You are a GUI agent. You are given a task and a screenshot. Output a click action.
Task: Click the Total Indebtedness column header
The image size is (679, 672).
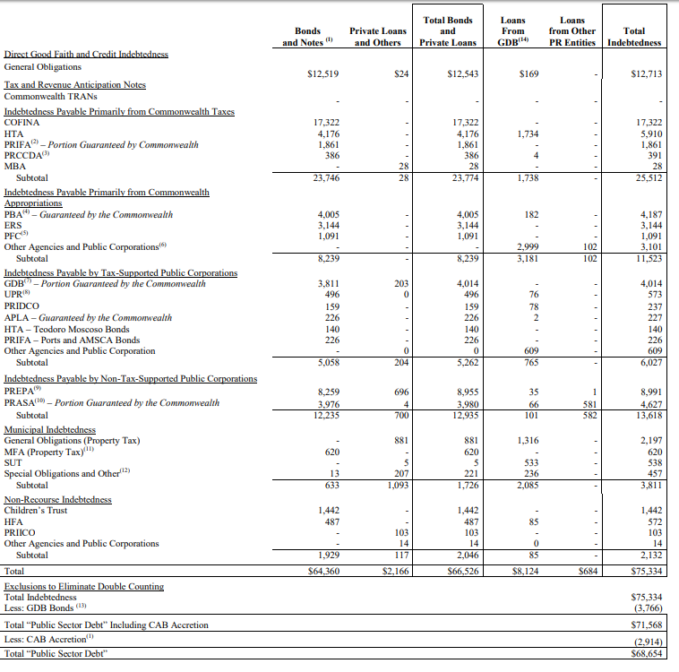coord(634,37)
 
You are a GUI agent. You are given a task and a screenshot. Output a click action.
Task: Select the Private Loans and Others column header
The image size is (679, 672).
coord(378,37)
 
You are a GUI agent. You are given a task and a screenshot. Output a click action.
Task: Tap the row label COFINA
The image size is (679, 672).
coord(21,123)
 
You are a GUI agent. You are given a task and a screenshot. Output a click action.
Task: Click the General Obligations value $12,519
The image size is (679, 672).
coord(323,74)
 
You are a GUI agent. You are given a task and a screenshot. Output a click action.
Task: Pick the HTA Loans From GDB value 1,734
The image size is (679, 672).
coord(528,134)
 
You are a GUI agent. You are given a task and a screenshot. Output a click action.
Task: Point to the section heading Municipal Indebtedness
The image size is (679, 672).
coord(50,429)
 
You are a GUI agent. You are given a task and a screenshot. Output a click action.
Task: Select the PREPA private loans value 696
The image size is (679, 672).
coord(401,392)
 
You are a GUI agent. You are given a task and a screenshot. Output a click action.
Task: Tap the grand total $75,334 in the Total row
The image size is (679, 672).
coord(647,571)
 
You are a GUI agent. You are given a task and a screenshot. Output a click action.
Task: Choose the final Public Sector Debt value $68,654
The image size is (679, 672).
coord(647,653)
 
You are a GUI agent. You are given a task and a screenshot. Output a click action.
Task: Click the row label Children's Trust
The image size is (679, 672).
coord(36,511)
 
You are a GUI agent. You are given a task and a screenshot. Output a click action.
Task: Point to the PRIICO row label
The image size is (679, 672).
coord(20,532)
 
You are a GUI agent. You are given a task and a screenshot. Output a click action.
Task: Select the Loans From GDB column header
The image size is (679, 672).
coord(512,31)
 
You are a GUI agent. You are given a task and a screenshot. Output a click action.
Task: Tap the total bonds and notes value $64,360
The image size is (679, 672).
coord(323,571)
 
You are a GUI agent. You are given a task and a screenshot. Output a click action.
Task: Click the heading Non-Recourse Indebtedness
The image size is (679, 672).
coord(57,500)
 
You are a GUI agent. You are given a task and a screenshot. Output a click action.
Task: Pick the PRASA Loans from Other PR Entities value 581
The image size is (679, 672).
coord(589,405)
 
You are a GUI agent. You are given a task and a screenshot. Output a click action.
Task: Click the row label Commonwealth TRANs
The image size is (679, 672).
coord(51,96)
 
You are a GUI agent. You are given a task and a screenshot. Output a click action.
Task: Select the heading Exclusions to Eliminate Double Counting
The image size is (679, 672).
coord(84,586)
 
